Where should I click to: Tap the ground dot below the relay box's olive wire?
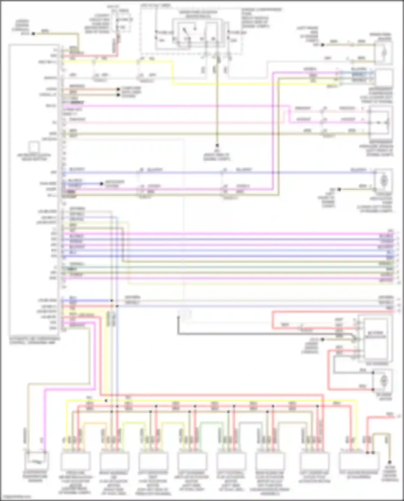click(217, 145)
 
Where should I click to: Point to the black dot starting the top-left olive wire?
click(33, 34)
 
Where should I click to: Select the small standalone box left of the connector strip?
click(34, 147)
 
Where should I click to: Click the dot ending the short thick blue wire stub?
click(102, 184)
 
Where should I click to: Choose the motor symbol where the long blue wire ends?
click(384, 179)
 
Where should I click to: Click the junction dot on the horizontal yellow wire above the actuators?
click(106, 401)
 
